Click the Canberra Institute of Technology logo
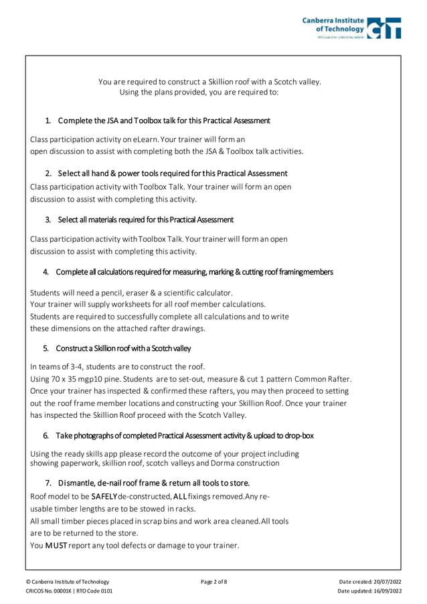(x=351, y=28)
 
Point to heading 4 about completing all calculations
(x=194, y=272)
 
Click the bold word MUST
(x=55, y=546)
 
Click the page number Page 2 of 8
(x=213, y=581)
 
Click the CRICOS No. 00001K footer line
(x=69, y=591)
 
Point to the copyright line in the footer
(x=67, y=581)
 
